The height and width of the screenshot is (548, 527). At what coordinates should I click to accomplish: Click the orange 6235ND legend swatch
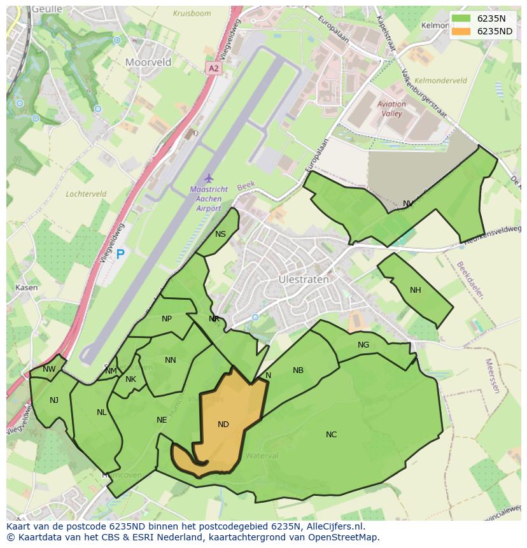461,31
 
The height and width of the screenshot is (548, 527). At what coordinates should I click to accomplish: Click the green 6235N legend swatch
461,18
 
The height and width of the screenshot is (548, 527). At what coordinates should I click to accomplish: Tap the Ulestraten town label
304,279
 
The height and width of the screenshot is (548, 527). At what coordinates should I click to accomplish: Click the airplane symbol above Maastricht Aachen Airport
207,178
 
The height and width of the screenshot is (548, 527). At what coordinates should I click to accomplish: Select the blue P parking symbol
120,255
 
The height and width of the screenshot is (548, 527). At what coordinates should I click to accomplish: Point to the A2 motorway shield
213,68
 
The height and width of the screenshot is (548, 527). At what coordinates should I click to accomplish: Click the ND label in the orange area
223,425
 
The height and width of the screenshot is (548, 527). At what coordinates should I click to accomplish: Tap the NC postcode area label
331,435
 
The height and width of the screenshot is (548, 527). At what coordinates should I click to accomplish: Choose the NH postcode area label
415,290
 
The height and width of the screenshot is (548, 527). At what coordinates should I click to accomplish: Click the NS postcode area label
220,234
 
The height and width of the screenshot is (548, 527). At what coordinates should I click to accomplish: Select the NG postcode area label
363,345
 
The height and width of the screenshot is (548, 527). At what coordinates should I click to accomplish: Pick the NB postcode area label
298,370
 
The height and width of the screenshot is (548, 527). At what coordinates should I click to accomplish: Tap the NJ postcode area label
54,400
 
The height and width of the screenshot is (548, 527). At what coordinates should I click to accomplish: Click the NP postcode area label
167,319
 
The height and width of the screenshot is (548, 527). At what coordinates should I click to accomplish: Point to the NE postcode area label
162,420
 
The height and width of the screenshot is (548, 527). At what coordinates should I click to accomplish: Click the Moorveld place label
148,62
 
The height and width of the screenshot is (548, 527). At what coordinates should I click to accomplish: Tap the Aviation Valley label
391,109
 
